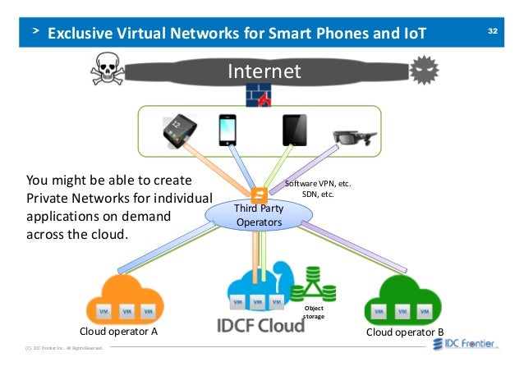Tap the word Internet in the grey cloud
[264, 71]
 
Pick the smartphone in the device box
[228, 130]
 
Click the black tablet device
[293, 130]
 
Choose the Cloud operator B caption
[404, 332]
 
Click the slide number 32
[493, 31]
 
